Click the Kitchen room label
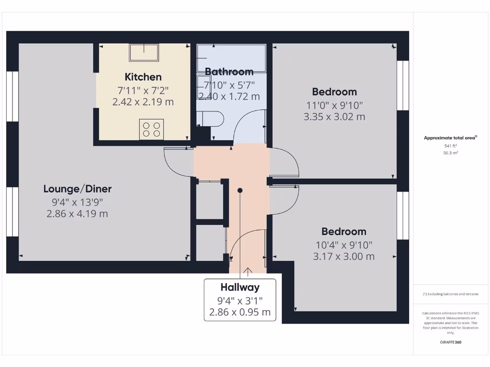[143, 77]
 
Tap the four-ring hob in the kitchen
[151, 129]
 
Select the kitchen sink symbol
[144, 52]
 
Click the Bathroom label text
[229, 72]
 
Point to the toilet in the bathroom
[210, 119]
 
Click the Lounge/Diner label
[78, 189]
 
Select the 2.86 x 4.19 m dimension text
[78, 214]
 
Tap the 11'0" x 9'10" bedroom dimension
[334, 105]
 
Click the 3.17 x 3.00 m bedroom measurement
[344, 257]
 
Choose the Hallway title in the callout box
[240, 287]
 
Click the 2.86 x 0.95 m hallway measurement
[240, 313]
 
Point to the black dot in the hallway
[240, 190]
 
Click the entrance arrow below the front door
[248, 272]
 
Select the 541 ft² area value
[450, 146]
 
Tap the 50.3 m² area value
[450, 153]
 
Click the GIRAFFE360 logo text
[450, 342]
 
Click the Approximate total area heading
[450, 138]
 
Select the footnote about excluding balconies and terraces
[450, 294]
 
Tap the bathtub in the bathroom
[231, 58]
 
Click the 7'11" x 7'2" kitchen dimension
[143, 90]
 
